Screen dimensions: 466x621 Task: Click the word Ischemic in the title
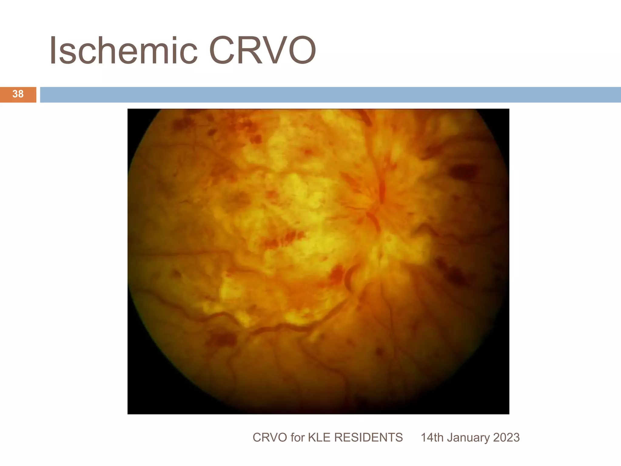pos(123,51)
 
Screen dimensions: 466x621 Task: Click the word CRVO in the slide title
pos(262,51)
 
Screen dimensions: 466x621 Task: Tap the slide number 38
pos(18,94)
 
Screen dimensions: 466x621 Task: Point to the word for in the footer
pos(298,437)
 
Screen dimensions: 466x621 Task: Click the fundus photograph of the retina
pos(318,261)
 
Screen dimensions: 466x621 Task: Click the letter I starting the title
pos(53,51)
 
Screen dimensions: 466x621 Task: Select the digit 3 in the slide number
pos(15,94)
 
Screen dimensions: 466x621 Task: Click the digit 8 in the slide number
pos(21,94)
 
